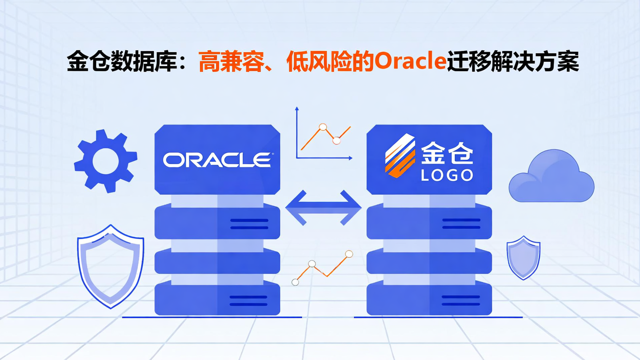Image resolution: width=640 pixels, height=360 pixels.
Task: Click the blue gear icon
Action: click(x=106, y=161)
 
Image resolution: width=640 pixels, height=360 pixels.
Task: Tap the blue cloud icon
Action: click(x=551, y=178)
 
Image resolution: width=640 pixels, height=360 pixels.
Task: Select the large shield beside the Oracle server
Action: click(x=110, y=266)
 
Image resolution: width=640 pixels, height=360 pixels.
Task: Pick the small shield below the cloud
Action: click(x=523, y=258)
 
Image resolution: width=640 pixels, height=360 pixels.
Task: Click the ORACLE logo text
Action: click(x=217, y=160)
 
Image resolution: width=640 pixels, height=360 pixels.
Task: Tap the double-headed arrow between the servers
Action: click(x=323, y=207)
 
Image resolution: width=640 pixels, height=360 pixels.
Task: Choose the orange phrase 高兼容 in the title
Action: click(x=226, y=62)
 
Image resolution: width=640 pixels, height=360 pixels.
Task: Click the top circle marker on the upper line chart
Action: click(x=323, y=127)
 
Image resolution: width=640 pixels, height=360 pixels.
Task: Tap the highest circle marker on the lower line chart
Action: click(x=349, y=254)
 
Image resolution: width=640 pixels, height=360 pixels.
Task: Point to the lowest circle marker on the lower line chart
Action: click(x=295, y=282)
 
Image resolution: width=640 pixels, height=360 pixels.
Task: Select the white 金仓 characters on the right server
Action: click(x=447, y=152)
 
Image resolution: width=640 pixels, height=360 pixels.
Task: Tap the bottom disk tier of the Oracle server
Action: click(x=217, y=299)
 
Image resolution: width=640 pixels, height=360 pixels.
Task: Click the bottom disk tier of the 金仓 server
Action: click(x=429, y=299)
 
